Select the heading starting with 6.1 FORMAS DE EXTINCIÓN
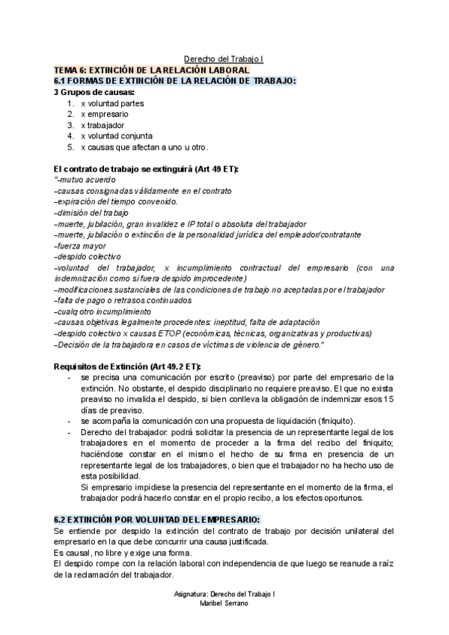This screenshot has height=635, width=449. [x=175, y=81]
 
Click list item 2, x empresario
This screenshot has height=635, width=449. [x=104, y=114]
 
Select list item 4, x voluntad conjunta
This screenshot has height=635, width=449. [x=116, y=136]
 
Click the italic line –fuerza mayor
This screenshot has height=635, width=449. [x=82, y=245]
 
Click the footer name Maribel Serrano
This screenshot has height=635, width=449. [x=224, y=603]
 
